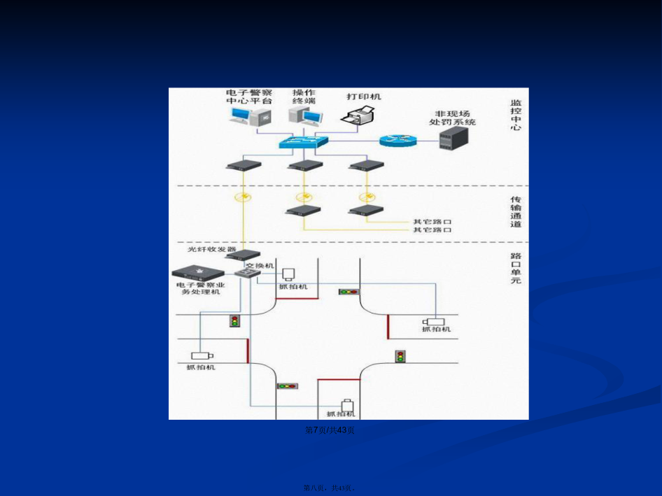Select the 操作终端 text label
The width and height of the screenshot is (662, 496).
pyautogui.click(x=304, y=97)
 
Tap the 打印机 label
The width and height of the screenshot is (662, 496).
pyautogui.click(x=364, y=96)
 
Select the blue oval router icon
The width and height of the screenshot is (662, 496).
pyautogui.click(x=398, y=141)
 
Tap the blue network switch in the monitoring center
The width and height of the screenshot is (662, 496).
pyautogui.click(x=302, y=142)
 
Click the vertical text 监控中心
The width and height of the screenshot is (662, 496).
pyautogui.click(x=516, y=115)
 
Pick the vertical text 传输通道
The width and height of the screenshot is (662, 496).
pyautogui.click(x=516, y=211)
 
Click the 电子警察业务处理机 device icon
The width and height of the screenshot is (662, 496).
pyautogui.click(x=199, y=272)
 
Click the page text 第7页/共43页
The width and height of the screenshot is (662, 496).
pyautogui.click(x=330, y=430)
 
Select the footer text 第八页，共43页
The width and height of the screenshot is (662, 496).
pyautogui.click(x=330, y=488)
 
